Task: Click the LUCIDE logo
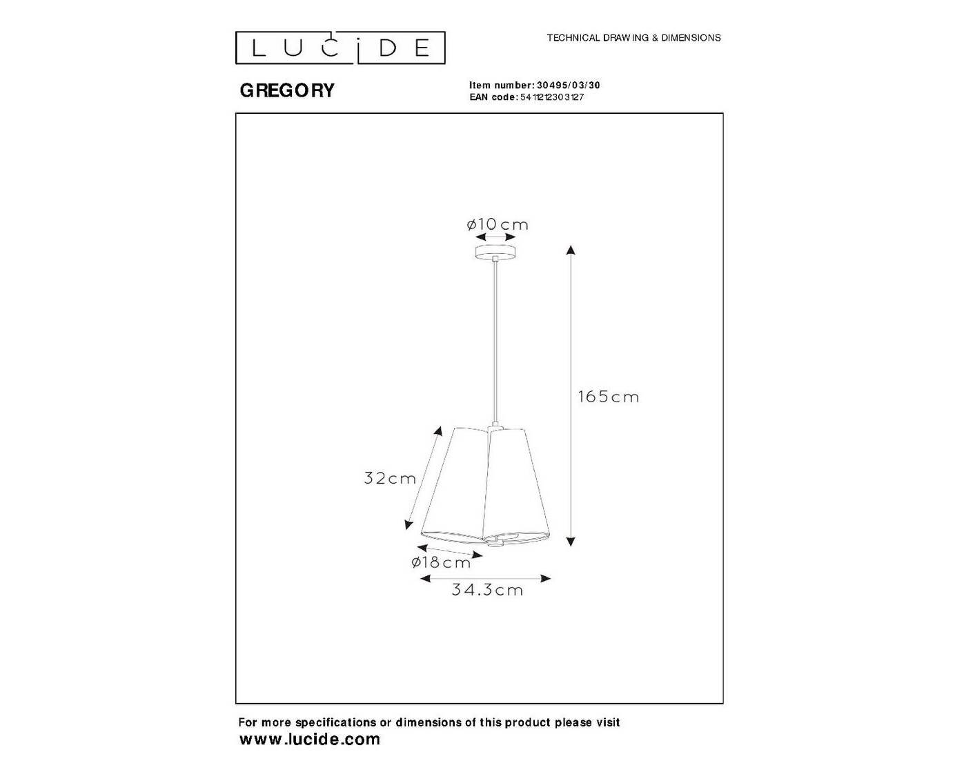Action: pos(340,48)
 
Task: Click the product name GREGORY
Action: pos(287,90)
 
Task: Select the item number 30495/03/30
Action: pos(569,85)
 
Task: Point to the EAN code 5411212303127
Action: pos(552,97)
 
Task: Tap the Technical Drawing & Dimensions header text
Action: pos(633,38)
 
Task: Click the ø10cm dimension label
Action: pos(498,224)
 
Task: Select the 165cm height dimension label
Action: pos(608,397)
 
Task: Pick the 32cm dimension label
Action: pos(390,478)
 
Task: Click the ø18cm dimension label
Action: pos(441,562)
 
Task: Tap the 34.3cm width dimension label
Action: pos(487,589)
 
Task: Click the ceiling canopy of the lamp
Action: pos(496,252)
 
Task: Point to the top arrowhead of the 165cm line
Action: pos(571,250)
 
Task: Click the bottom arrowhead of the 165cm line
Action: pos(571,542)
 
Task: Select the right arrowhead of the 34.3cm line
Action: pos(546,578)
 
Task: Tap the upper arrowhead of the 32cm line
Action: pos(438,431)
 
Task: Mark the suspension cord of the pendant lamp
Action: pos(496,342)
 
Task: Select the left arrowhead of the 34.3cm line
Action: pos(426,578)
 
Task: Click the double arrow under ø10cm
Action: pos(495,237)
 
